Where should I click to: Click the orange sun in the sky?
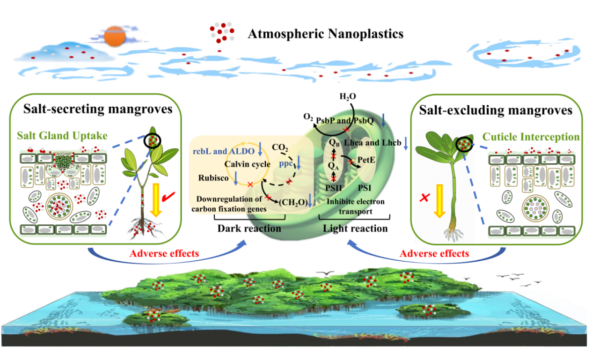click(x=113, y=37)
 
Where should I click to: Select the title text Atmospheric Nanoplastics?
click(x=325, y=34)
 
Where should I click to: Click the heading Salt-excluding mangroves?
click(x=495, y=110)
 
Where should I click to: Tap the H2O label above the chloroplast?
click(x=348, y=97)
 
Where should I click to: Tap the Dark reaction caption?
click(x=249, y=228)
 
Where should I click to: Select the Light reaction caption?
click(x=355, y=228)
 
